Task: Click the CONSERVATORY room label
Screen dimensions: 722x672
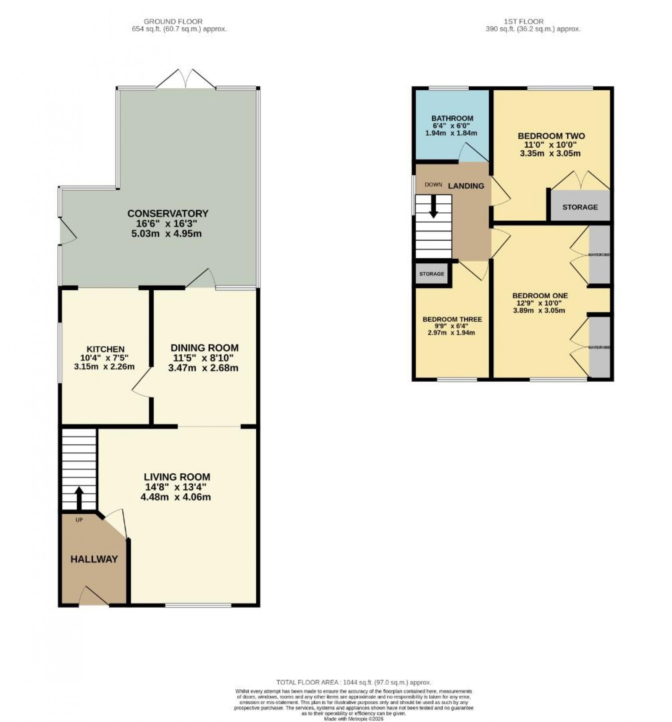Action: click(x=168, y=213)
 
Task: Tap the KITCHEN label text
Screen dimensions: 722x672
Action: click(x=105, y=349)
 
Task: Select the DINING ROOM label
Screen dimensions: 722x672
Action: click(x=204, y=348)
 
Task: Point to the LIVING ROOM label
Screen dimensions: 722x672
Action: click(x=177, y=477)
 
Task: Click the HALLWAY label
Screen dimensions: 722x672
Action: click(x=94, y=559)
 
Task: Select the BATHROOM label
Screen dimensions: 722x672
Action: click(x=452, y=118)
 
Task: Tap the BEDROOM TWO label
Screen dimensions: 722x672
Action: click(x=551, y=136)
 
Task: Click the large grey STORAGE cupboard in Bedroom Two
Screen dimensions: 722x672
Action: click(x=580, y=207)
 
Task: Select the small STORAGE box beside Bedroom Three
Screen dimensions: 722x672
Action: click(x=431, y=274)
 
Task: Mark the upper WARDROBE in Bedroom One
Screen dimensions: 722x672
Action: click(x=599, y=255)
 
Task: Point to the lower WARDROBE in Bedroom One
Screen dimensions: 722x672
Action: click(x=599, y=347)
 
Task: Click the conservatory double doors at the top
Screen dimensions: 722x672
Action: click(x=186, y=79)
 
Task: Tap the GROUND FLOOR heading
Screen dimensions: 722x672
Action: click(x=173, y=21)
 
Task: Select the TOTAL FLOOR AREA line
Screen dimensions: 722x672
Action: click(x=353, y=683)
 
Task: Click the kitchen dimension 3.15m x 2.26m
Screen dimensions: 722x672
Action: click(x=104, y=366)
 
